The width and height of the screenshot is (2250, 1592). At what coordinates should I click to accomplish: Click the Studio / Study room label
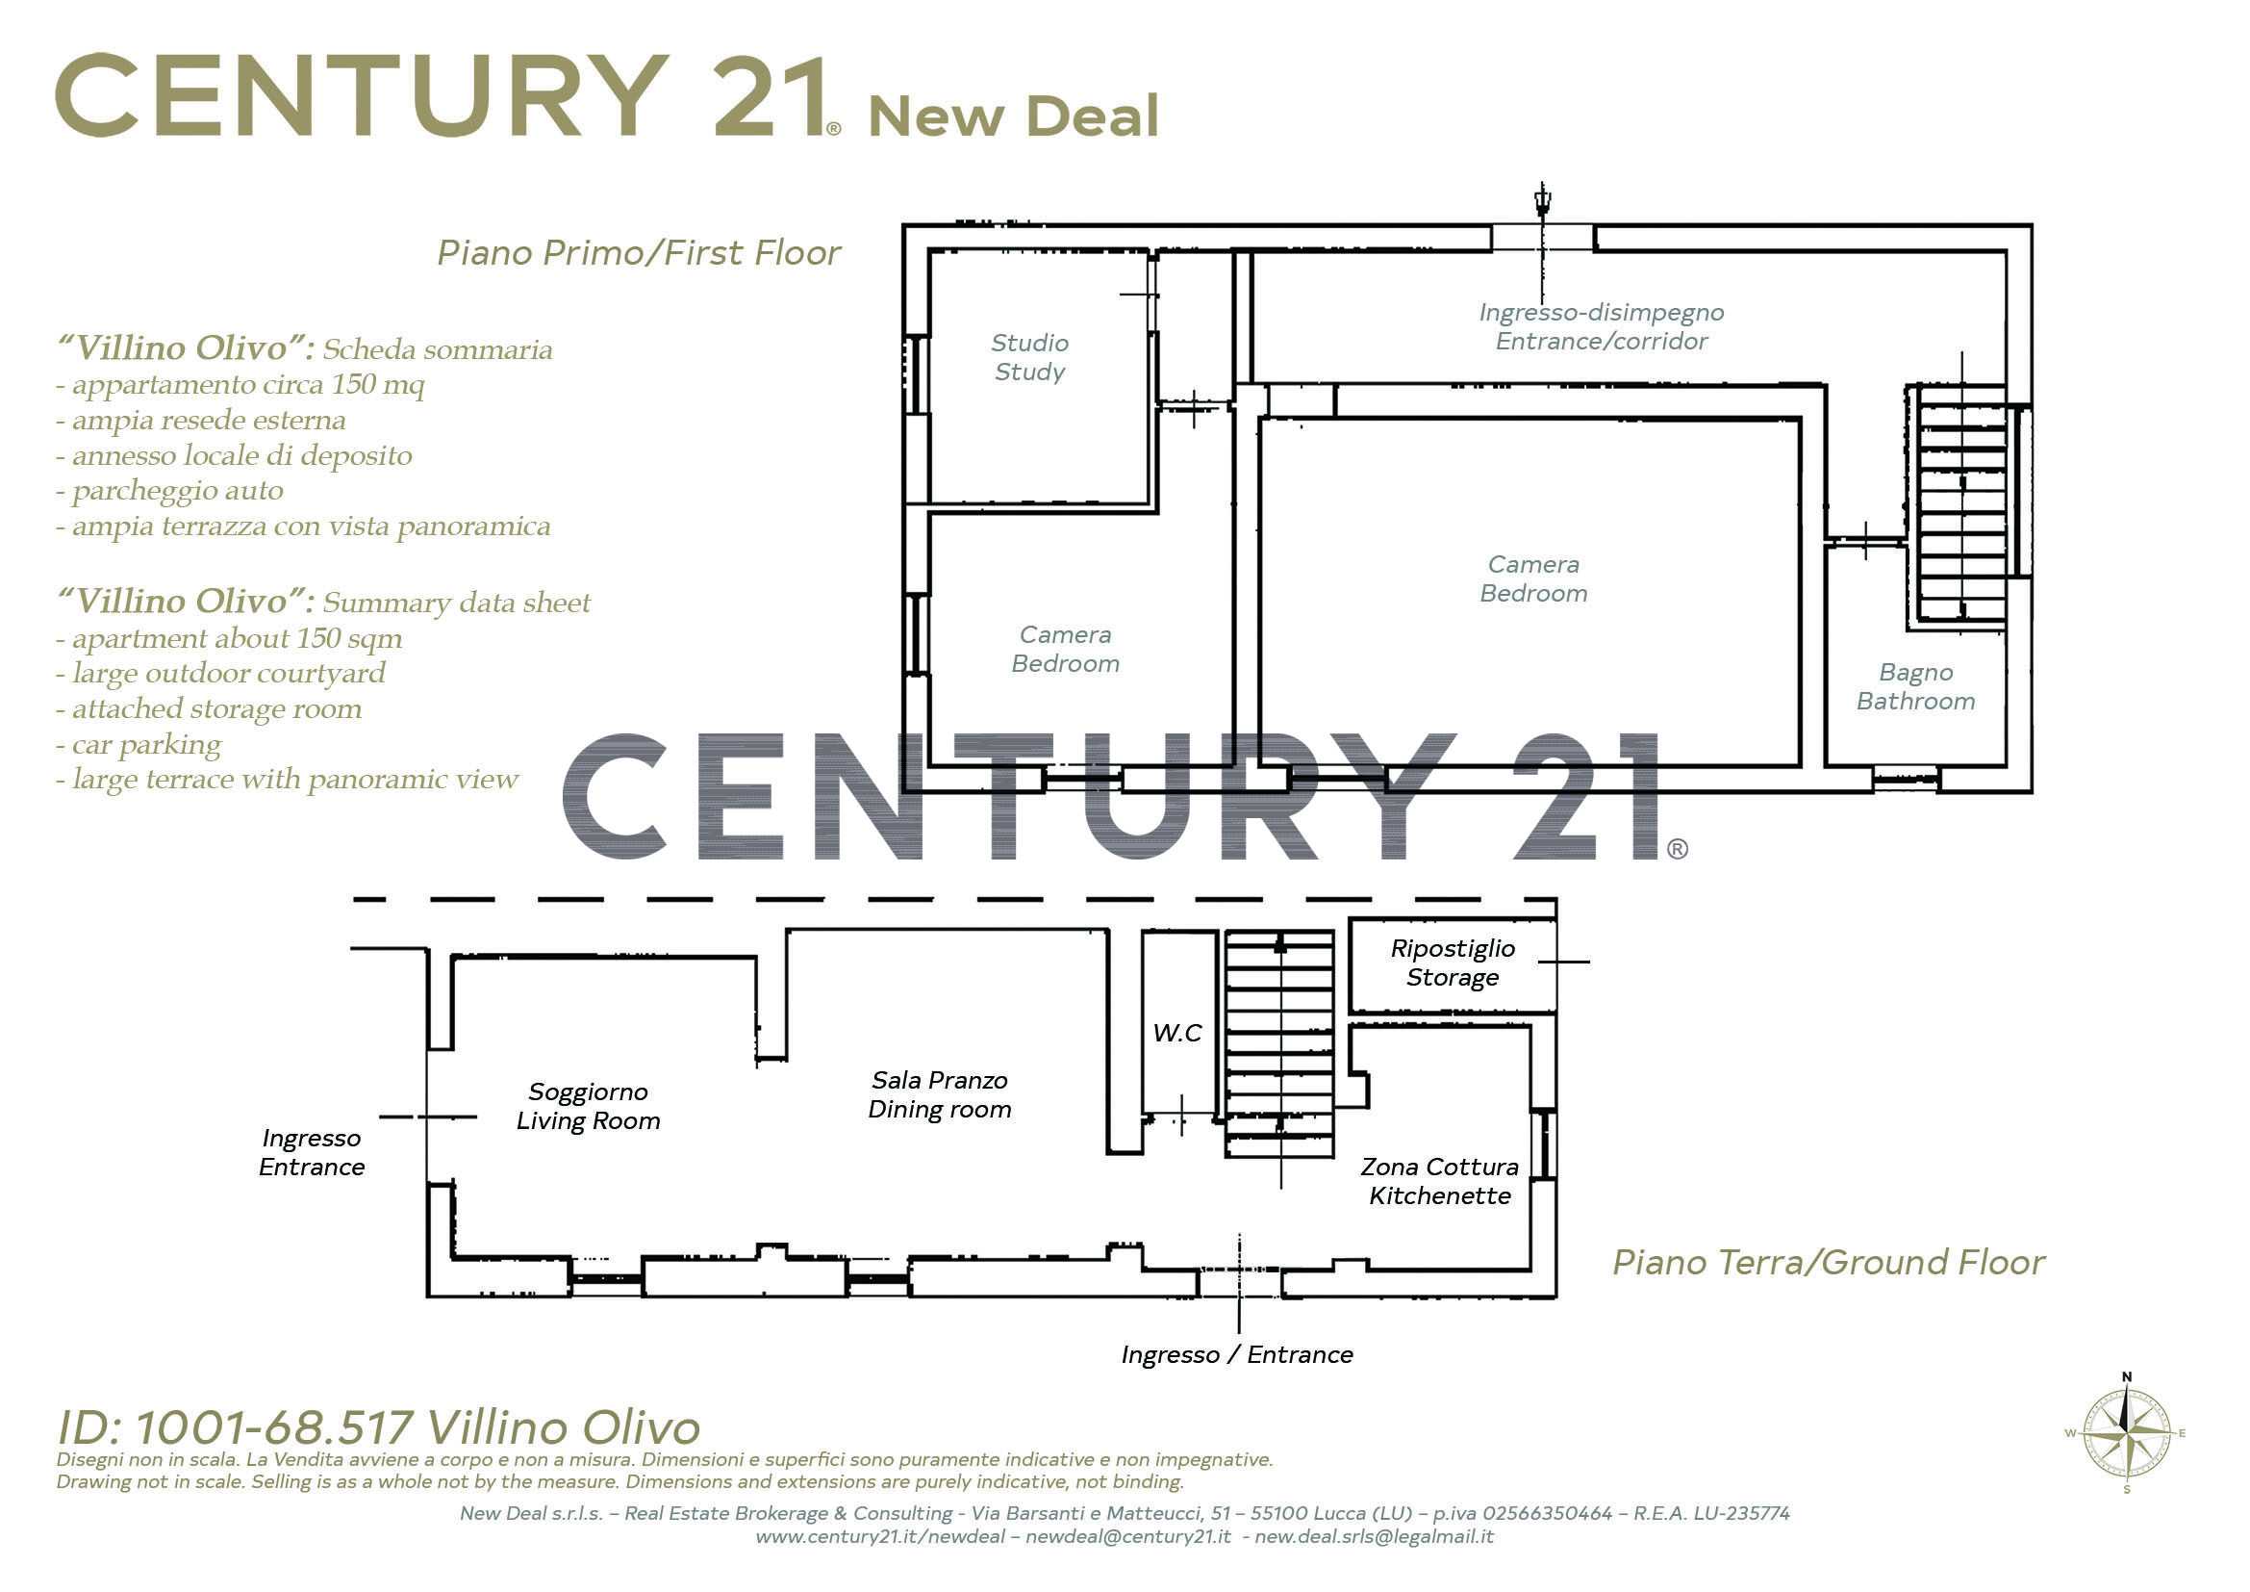coord(1029,357)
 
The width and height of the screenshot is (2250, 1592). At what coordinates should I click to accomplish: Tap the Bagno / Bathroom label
coord(1916,686)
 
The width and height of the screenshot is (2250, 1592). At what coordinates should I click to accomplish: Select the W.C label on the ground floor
coord(1176,1032)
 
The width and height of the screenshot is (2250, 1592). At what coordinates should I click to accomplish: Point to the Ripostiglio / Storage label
coord(1453,963)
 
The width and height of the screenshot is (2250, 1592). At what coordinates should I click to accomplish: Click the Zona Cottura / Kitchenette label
coord(1440,1181)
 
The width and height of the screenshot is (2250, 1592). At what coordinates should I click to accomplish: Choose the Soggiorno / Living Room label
coord(588,1106)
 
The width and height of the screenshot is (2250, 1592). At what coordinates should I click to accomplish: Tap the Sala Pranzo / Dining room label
coord(940,1094)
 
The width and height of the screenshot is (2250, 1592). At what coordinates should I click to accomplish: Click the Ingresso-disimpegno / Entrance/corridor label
coord(1602,326)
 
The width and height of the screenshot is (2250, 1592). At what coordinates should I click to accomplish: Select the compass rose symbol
coord(2127,1433)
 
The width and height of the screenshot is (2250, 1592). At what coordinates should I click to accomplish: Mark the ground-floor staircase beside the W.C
coord(1279,1045)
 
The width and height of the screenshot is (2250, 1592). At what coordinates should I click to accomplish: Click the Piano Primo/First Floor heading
coord(639,253)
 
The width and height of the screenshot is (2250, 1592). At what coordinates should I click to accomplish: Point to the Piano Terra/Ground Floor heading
coord(1829,1263)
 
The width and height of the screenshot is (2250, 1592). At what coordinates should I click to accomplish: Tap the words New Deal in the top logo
coord(1013,116)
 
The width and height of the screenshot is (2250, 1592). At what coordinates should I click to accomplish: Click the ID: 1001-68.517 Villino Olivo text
coord(378,1427)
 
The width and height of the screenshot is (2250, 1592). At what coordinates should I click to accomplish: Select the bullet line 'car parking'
coord(139,744)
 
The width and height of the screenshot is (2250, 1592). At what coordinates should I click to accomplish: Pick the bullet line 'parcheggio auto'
coord(169,490)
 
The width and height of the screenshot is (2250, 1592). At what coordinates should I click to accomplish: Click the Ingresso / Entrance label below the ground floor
coord(1237,1355)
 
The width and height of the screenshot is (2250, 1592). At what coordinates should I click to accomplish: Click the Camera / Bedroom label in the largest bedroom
coord(1533,578)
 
